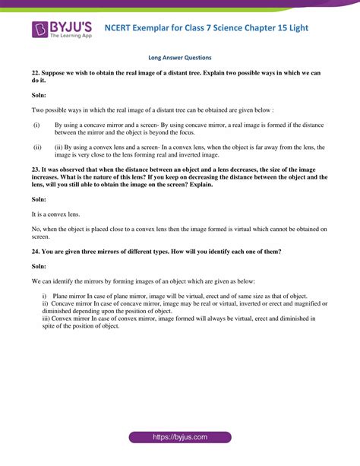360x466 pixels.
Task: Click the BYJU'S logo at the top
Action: pos(61,29)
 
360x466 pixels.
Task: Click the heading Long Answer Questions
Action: pos(180,58)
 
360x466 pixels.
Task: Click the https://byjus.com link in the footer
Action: pos(180,439)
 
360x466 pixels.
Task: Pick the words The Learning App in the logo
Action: pos(72,36)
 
